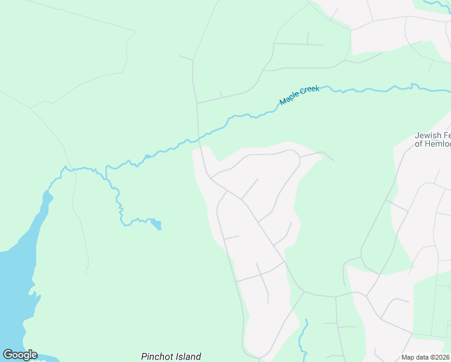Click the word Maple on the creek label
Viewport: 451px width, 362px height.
coord(289,99)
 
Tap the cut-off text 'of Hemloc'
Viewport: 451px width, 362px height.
coord(433,144)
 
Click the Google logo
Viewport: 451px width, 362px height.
coord(20,355)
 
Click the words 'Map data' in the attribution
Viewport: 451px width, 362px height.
coord(415,357)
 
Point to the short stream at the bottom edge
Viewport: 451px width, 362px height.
coord(303,338)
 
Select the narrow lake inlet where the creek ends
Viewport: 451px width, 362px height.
coord(46,199)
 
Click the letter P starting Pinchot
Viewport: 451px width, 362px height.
coord(144,357)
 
